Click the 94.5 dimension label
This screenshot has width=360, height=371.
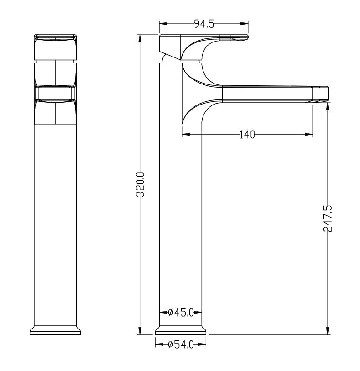[204, 24]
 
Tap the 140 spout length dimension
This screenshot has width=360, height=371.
[247, 135]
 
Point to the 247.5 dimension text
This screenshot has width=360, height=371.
[328, 219]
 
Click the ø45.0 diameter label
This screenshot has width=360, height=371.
[181, 313]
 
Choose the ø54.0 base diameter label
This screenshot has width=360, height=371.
[181, 345]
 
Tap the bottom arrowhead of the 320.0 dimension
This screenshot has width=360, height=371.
[140, 331]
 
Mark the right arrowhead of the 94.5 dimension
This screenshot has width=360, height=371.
[245, 23]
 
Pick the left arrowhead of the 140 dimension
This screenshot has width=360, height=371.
[186, 135]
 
